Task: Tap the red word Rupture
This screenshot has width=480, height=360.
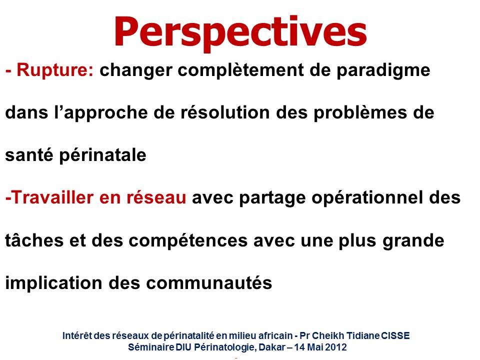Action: tap(55, 70)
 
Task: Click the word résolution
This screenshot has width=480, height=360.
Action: tap(225, 112)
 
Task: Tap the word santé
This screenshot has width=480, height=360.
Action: tap(29, 154)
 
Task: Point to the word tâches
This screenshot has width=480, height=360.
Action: tap(34, 240)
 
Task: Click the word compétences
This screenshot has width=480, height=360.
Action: tap(188, 241)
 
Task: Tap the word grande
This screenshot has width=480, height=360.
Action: tap(413, 241)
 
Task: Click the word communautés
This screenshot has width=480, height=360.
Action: tap(209, 282)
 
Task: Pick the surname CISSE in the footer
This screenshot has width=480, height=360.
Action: tap(395, 335)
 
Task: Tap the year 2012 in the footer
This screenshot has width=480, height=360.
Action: tap(336, 347)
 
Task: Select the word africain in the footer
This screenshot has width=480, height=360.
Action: tap(275, 335)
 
